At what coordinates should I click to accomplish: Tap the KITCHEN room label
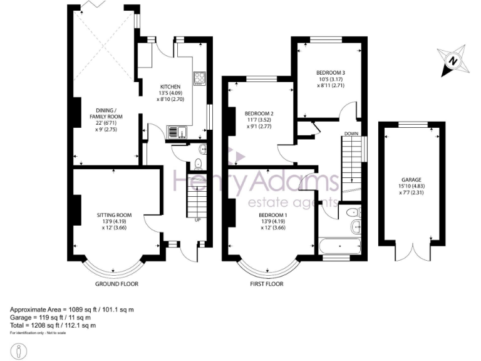coord(170,86)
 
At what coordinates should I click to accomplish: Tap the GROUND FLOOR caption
coord(116,284)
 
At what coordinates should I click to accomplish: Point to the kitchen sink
coord(175,132)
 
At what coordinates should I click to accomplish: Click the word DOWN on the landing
coord(351,134)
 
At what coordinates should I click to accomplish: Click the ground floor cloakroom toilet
coord(198,164)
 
